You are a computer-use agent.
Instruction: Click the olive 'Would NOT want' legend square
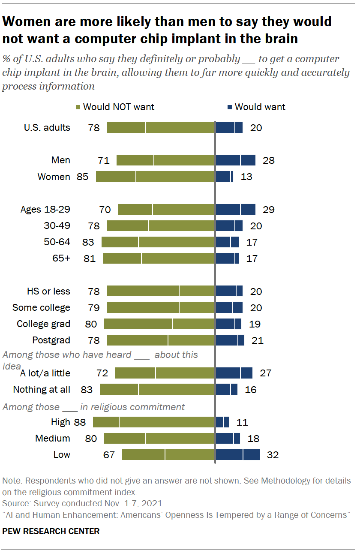(78, 107)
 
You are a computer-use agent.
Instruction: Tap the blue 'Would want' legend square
(230, 107)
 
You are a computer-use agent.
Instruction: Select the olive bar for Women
(155, 177)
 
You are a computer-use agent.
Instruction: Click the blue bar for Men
(235, 160)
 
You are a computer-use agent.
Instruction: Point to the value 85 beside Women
(83, 177)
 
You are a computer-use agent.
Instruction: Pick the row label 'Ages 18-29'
(45, 210)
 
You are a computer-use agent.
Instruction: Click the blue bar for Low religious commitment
(237, 454)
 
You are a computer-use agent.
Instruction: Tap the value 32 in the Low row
(273, 455)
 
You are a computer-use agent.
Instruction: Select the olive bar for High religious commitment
(154, 422)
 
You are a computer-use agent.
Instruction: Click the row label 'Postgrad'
(51, 340)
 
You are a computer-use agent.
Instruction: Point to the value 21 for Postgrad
(258, 341)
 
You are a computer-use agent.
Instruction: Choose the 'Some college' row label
(41, 308)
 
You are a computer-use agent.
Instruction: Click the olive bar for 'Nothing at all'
(157, 389)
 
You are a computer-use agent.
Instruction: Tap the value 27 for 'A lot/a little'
(266, 373)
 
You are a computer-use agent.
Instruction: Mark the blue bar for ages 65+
(227, 258)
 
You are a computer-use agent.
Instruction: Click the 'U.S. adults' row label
(47, 127)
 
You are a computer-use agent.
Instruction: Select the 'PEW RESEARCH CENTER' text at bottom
(51, 532)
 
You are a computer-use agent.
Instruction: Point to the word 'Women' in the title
(31, 21)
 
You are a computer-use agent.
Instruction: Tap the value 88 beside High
(80, 422)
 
